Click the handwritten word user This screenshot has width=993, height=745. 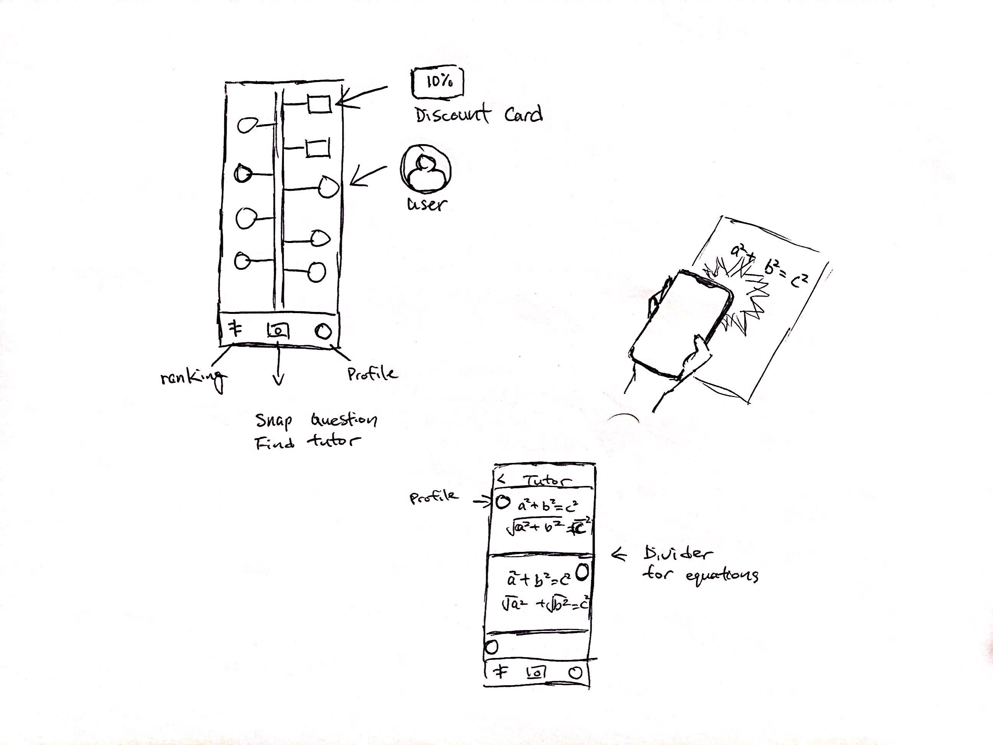427,204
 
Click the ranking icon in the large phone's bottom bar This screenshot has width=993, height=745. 234,330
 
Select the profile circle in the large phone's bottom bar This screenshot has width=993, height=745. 323,332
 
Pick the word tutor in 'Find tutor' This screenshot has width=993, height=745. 333,441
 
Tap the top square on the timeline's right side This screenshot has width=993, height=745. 319,104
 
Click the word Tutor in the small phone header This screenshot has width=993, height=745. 547,481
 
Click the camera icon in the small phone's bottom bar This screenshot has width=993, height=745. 536,672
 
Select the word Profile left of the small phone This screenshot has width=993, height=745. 434,497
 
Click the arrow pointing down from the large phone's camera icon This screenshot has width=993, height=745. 279,368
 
